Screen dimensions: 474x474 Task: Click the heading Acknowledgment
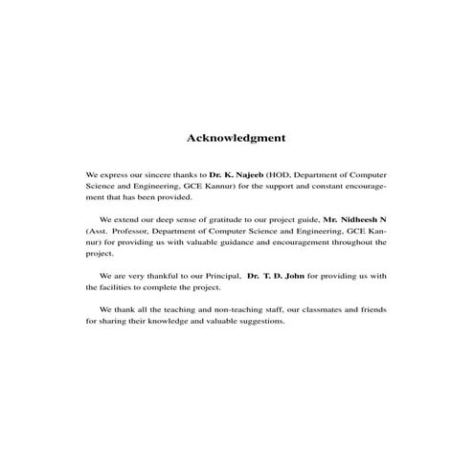coord(236,138)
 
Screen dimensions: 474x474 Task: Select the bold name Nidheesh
coord(354,219)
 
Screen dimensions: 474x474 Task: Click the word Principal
coord(215,275)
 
